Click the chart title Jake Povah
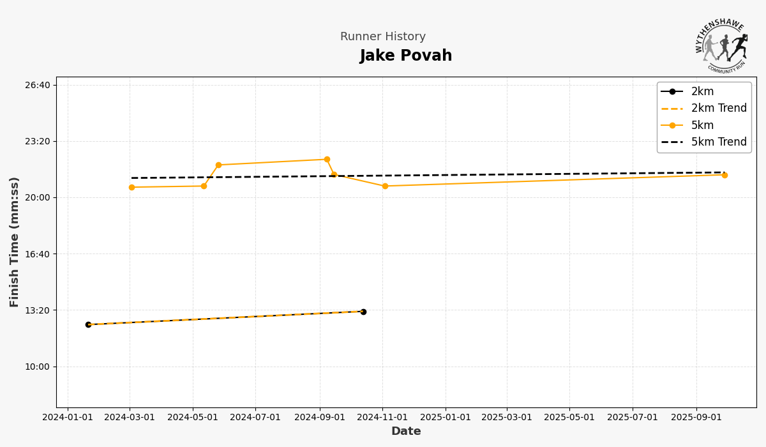tap(406, 56)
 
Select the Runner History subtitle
tap(383, 37)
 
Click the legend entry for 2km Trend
tap(719, 109)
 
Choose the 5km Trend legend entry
tap(719, 142)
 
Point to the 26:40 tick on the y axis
tap(36, 85)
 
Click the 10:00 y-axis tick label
tap(36, 367)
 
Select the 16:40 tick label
tap(36, 254)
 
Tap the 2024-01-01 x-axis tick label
tap(68, 418)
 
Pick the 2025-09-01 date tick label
tap(696, 418)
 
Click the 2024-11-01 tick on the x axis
tap(382, 418)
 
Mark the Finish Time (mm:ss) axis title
tap(15, 242)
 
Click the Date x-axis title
tap(406, 432)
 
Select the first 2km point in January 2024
tap(88, 324)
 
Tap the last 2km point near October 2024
tap(363, 312)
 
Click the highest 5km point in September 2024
tap(327, 160)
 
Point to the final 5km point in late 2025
tap(725, 175)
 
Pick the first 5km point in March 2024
tap(131, 187)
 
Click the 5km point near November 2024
tap(385, 186)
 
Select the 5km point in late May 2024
tap(218, 165)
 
